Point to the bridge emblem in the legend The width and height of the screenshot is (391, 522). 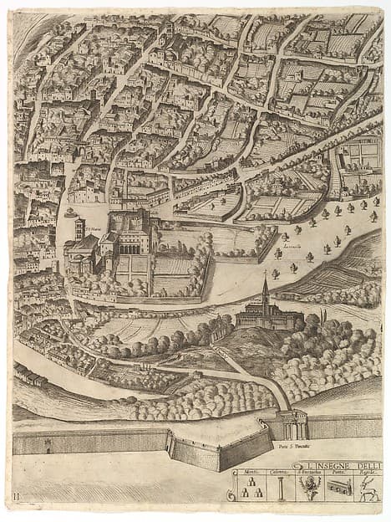338,489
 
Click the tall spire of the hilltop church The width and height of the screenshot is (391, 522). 265,289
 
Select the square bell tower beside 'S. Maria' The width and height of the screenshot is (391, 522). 79,228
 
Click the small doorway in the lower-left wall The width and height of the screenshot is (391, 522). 48,446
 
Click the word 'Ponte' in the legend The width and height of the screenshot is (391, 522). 339,474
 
